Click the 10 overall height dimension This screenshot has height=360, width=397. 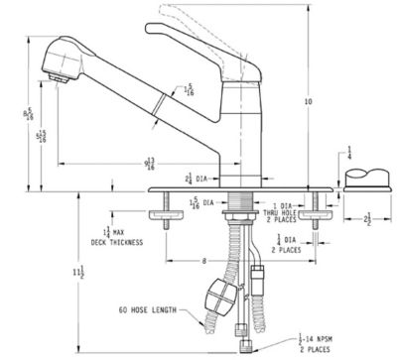pyautogui.click(x=309, y=101)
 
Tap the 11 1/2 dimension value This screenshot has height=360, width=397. pyautogui.click(x=78, y=271)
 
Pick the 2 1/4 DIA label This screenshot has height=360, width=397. pyautogui.click(x=194, y=179)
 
